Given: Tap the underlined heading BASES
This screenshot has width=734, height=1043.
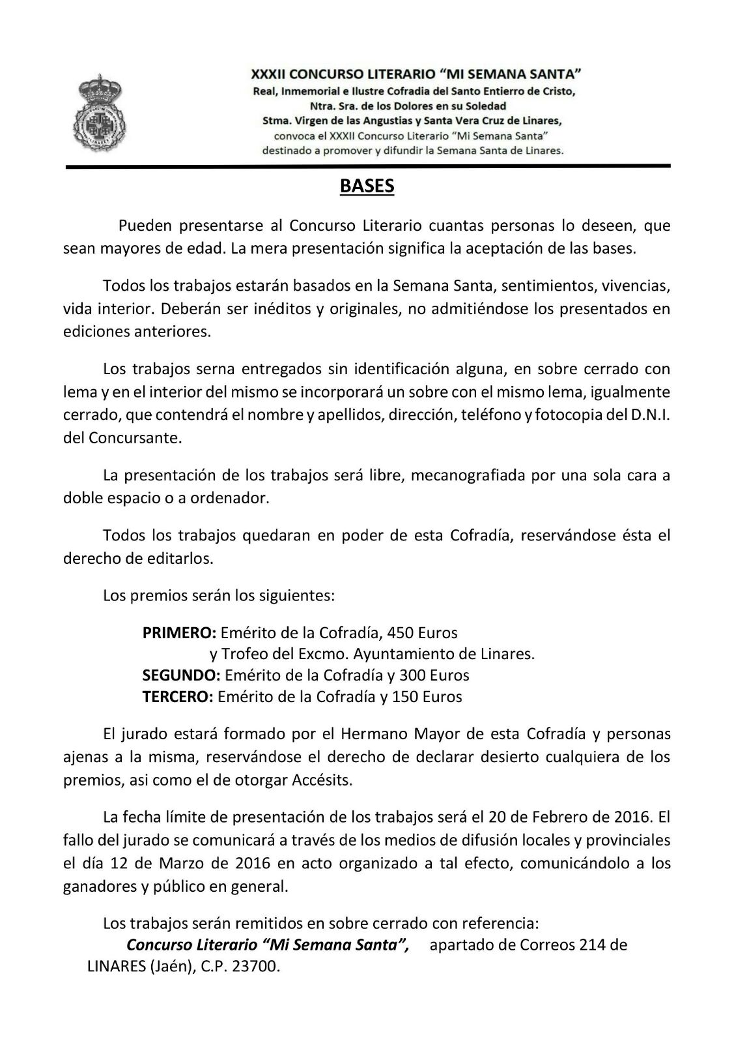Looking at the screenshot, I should point(367,186).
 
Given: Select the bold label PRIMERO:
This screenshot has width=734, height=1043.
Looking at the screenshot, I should point(179,632).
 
